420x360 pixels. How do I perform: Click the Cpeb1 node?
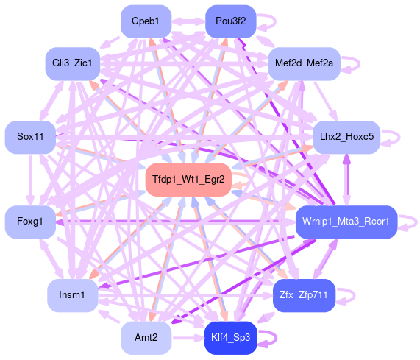146,21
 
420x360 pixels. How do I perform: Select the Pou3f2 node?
231,21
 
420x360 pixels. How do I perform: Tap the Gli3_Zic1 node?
73,63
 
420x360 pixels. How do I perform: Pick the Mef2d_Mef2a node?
304,63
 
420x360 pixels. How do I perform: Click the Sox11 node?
30,137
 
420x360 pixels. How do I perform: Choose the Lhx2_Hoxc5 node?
346,137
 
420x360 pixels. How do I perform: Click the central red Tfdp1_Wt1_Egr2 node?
188,180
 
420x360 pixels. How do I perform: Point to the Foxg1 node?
30,222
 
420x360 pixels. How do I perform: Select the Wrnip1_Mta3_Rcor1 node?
346,222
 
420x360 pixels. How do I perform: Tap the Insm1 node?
73,295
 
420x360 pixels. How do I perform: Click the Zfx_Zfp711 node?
304,295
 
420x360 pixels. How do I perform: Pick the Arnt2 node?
146,338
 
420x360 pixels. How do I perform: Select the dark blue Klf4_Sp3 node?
231,338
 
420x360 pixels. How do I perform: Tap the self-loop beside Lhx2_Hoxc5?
399,137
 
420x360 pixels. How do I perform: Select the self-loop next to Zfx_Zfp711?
355,296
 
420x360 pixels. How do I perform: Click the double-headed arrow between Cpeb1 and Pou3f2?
188,21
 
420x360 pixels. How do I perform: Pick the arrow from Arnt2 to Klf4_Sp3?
188,338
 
